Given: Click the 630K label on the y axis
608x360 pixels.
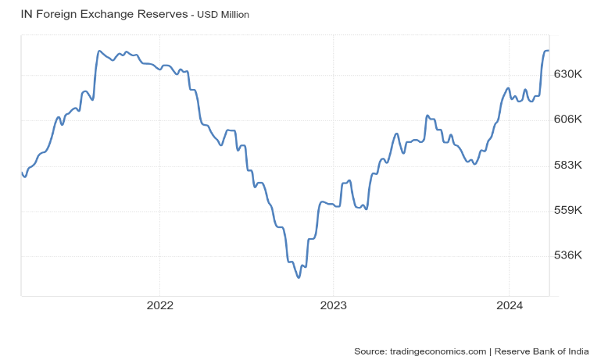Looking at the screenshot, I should coord(568,74).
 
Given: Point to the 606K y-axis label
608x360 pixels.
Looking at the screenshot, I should coord(568,119).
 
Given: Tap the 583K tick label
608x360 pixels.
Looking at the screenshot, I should coord(568,166).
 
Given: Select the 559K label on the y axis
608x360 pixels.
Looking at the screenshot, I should coord(568,211).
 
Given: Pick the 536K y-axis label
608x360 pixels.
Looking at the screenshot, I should coord(568,256).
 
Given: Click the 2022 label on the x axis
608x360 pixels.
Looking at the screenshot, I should coord(159,305).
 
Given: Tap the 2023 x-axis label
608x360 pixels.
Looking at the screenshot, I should coord(334,305).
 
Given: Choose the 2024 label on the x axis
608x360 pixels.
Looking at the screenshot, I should coord(509,305).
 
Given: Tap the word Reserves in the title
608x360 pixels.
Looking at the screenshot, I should coord(162,14).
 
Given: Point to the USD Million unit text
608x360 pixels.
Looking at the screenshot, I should coord(223,15).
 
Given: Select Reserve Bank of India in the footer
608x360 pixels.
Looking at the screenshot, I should coord(545,351).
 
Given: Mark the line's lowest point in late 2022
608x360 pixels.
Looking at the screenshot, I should coord(298,277).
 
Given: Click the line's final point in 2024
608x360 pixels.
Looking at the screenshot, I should coord(549,51).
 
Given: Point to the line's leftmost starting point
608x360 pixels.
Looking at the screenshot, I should coord(21,172).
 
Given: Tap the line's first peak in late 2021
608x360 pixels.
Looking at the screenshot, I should coord(99,51).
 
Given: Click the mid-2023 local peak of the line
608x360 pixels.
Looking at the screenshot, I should coord(427,116).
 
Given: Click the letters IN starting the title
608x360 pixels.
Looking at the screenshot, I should coord(26,14).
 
